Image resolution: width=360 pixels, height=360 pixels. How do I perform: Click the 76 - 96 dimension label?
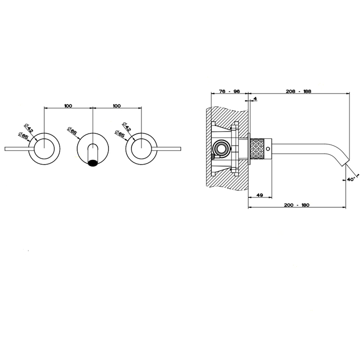(x=229, y=91)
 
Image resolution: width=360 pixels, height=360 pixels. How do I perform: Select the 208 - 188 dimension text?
(x=298, y=91)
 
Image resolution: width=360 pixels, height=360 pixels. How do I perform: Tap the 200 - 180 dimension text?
(x=297, y=205)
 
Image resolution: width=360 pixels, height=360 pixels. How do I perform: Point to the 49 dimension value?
(x=259, y=195)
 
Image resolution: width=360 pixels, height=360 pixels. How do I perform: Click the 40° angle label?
(x=351, y=179)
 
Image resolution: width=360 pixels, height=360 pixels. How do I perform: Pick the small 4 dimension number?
(x=255, y=99)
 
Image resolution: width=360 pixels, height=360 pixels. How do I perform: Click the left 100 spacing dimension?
(x=68, y=106)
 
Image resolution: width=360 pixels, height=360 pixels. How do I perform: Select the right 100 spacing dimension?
(x=117, y=106)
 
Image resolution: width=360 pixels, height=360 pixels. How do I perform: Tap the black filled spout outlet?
(x=93, y=163)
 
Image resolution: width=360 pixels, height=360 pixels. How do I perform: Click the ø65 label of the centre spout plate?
(x=72, y=131)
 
